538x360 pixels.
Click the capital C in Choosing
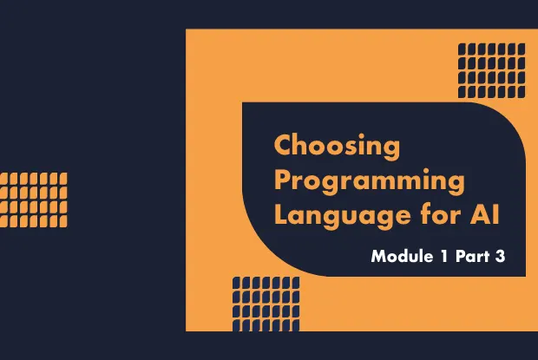point(283,145)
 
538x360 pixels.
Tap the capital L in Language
point(281,214)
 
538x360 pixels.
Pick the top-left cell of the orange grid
point(4,178)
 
